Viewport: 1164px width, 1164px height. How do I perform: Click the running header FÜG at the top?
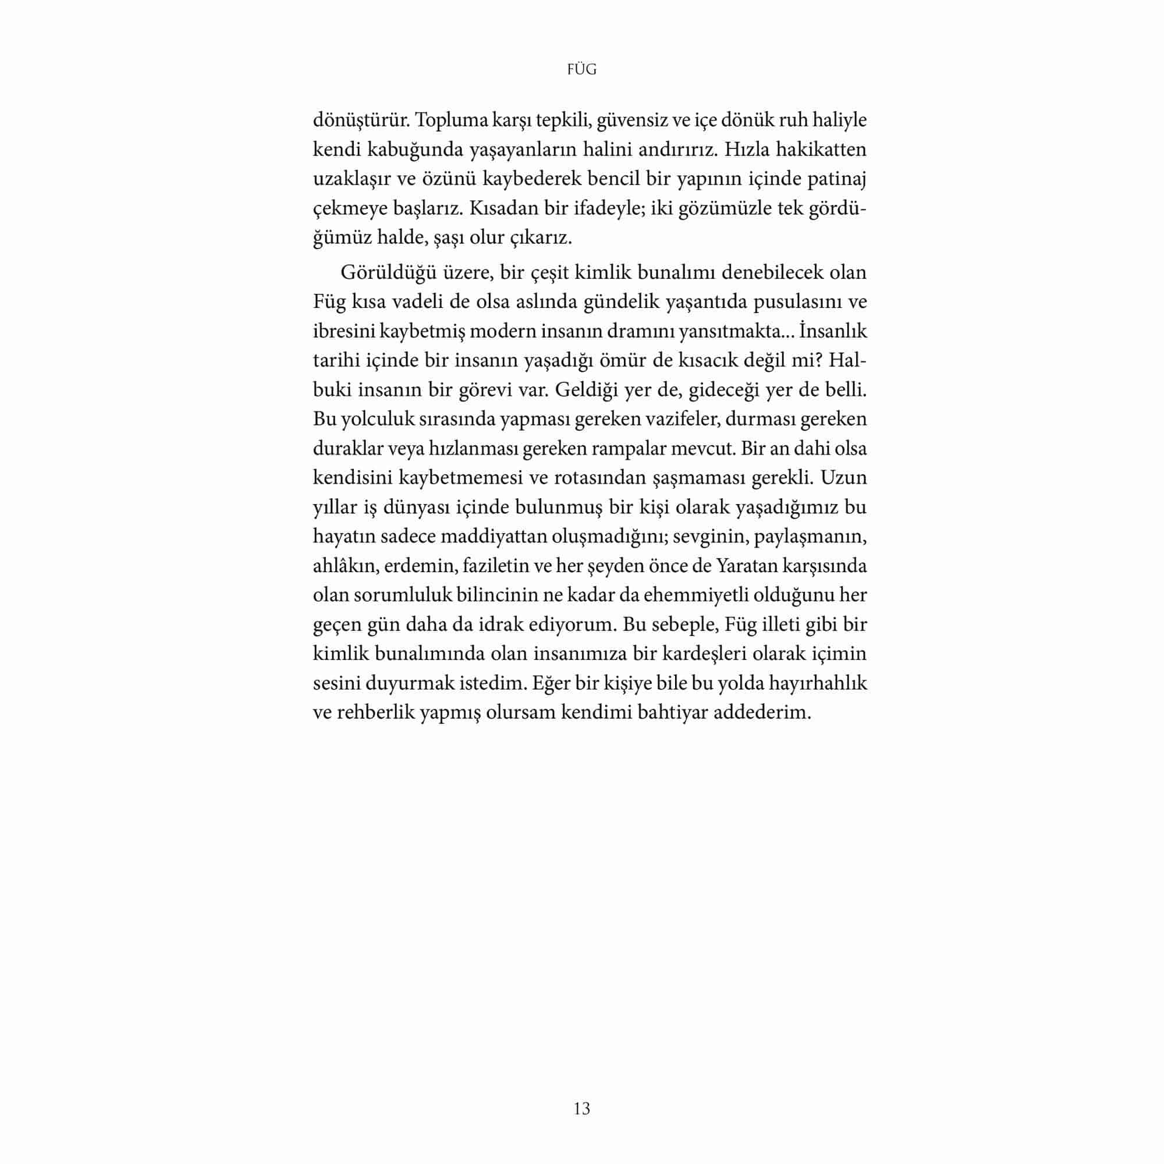point(581,70)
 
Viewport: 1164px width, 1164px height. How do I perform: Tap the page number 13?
point(581,1109)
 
